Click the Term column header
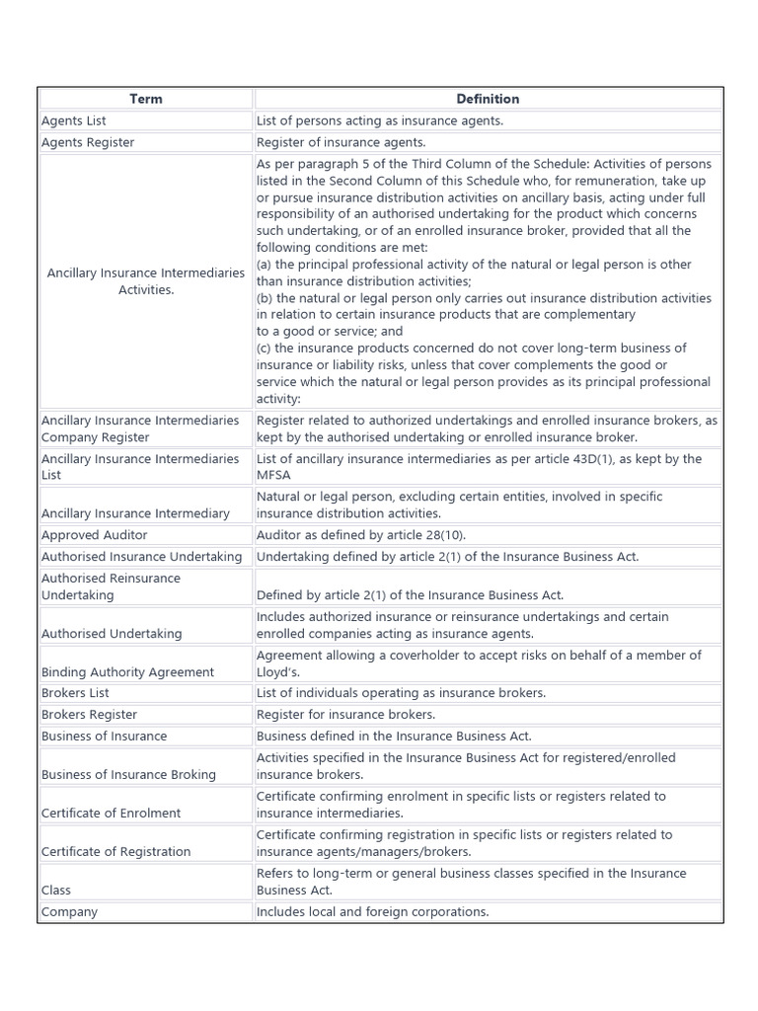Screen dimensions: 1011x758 [x=145, y=99]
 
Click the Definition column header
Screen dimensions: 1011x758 [x=488, y=99]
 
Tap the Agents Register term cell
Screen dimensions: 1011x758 [x=88, y=142]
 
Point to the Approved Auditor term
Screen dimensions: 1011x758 [x=95, y=535]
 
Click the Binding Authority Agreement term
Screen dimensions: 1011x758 [x=127, y=672]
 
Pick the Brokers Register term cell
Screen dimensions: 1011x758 [x=90, y=715]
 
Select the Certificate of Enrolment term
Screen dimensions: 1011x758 [x=112, y=814]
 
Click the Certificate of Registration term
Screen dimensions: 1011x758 [x=116, y=852]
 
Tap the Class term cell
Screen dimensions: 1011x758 [x=56, y=891]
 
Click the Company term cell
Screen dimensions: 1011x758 [x=69, y=912]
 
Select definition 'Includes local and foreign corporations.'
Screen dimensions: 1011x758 [x=372, y=912]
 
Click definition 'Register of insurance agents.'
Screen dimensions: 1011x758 [x=341, y=142]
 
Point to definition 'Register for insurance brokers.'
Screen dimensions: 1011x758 [x=345, y=715]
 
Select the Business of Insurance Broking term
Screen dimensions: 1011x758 [x=128, y=775]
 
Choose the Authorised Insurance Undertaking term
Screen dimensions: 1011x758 [x=141, y=557]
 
